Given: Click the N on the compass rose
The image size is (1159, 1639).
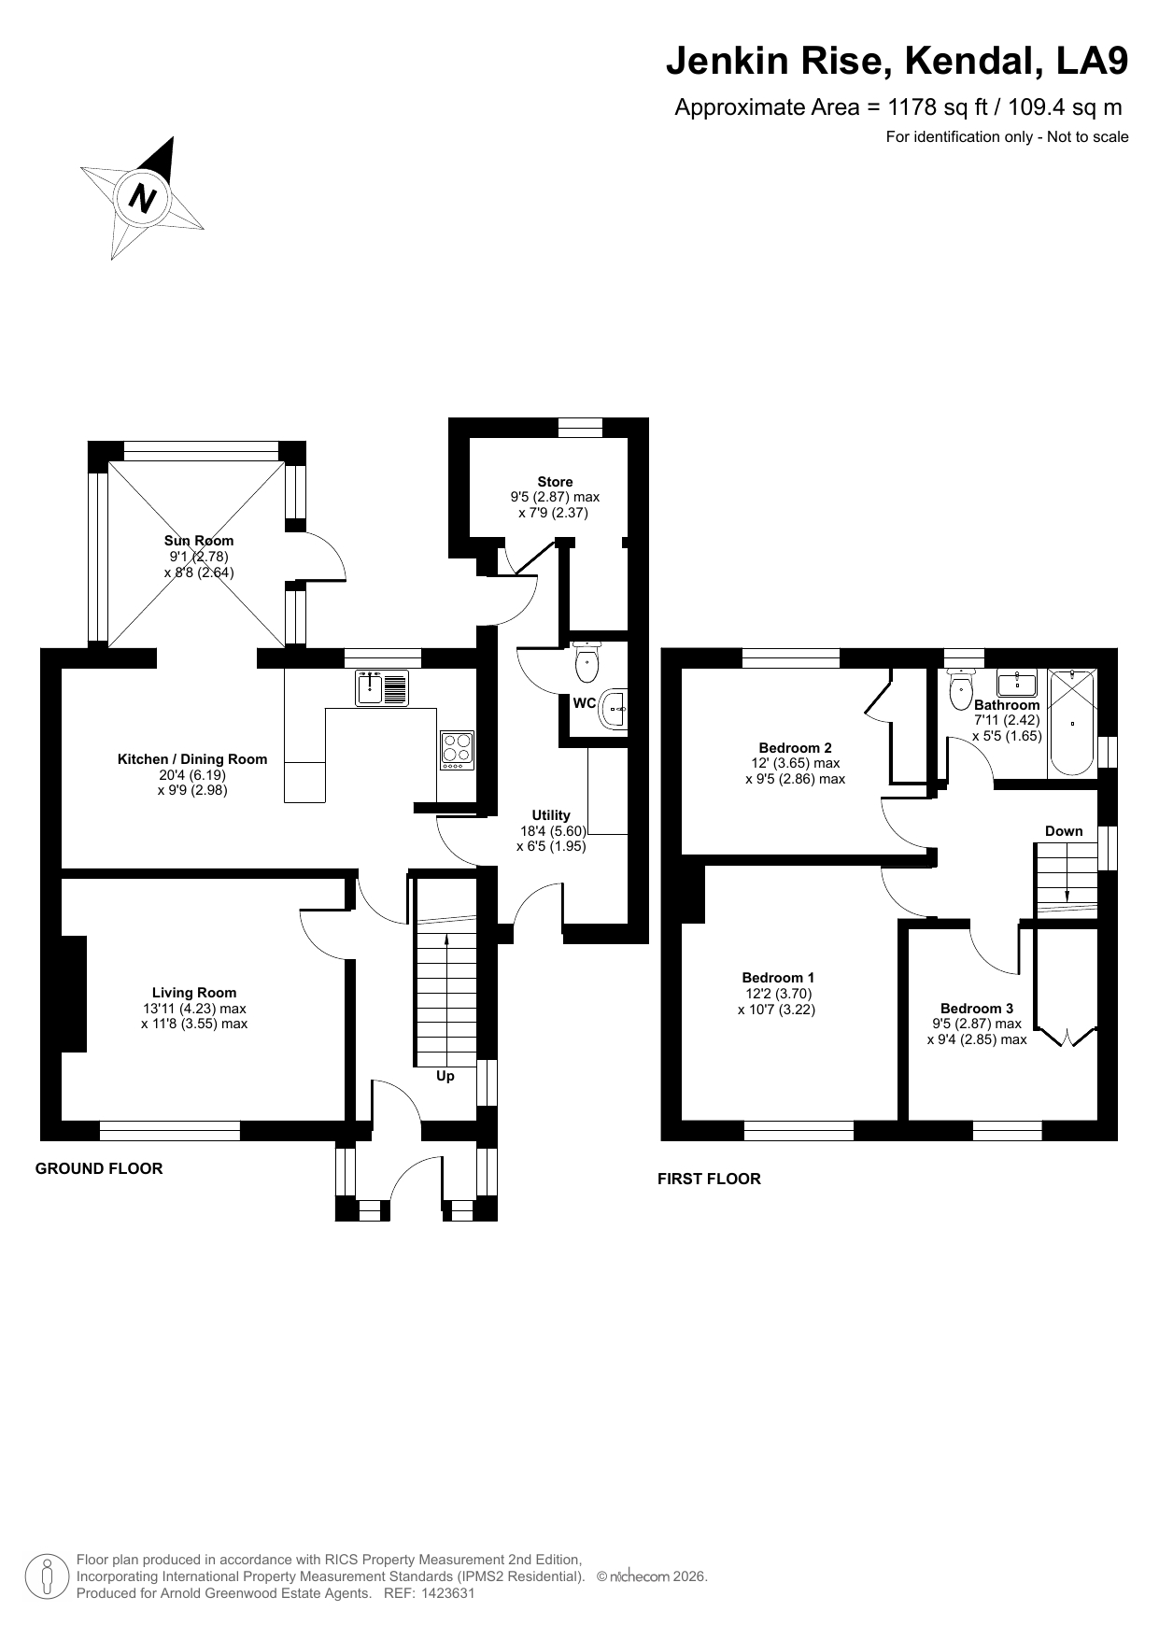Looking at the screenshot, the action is [142, 198].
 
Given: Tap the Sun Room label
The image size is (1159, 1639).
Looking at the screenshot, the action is [199, 541].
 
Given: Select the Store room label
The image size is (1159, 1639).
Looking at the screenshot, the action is [555, 482].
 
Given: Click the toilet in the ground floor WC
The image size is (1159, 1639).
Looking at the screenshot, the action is [587, 662].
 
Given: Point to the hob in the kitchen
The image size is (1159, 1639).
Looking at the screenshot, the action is [457, 750].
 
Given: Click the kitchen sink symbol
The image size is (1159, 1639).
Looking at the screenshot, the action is [382, 688].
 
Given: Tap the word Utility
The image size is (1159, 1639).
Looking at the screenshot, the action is [551, 815].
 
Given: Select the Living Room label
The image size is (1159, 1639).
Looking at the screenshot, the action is [194, 993].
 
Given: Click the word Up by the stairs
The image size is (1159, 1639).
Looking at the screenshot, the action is [445, 1076].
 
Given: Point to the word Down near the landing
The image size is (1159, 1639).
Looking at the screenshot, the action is [1064, 831].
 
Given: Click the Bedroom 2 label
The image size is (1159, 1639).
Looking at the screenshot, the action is [795, 748].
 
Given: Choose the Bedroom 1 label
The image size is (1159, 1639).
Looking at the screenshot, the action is [777, 978].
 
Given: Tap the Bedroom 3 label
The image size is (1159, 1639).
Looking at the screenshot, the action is [977, 1009].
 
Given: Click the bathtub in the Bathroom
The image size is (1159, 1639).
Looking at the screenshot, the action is [1072, 722].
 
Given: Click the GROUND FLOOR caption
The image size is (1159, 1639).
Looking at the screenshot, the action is [99, 1168].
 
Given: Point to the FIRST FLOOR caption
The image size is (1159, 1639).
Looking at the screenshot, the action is [709, 1179].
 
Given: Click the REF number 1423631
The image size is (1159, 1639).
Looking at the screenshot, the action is [448, 1593].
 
